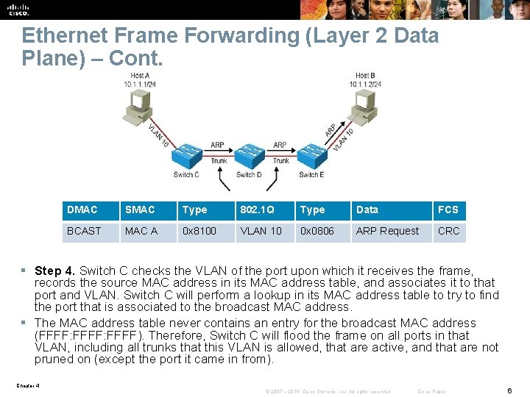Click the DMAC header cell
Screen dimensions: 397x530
(90, 210)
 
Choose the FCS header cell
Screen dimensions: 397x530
(449, 210)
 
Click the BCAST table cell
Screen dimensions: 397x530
(90, 231)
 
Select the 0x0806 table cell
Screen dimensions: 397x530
(322, 231)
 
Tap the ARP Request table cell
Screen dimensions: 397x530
(390, 231)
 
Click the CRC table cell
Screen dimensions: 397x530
(449, 231)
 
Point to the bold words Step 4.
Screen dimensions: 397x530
(55, 271)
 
